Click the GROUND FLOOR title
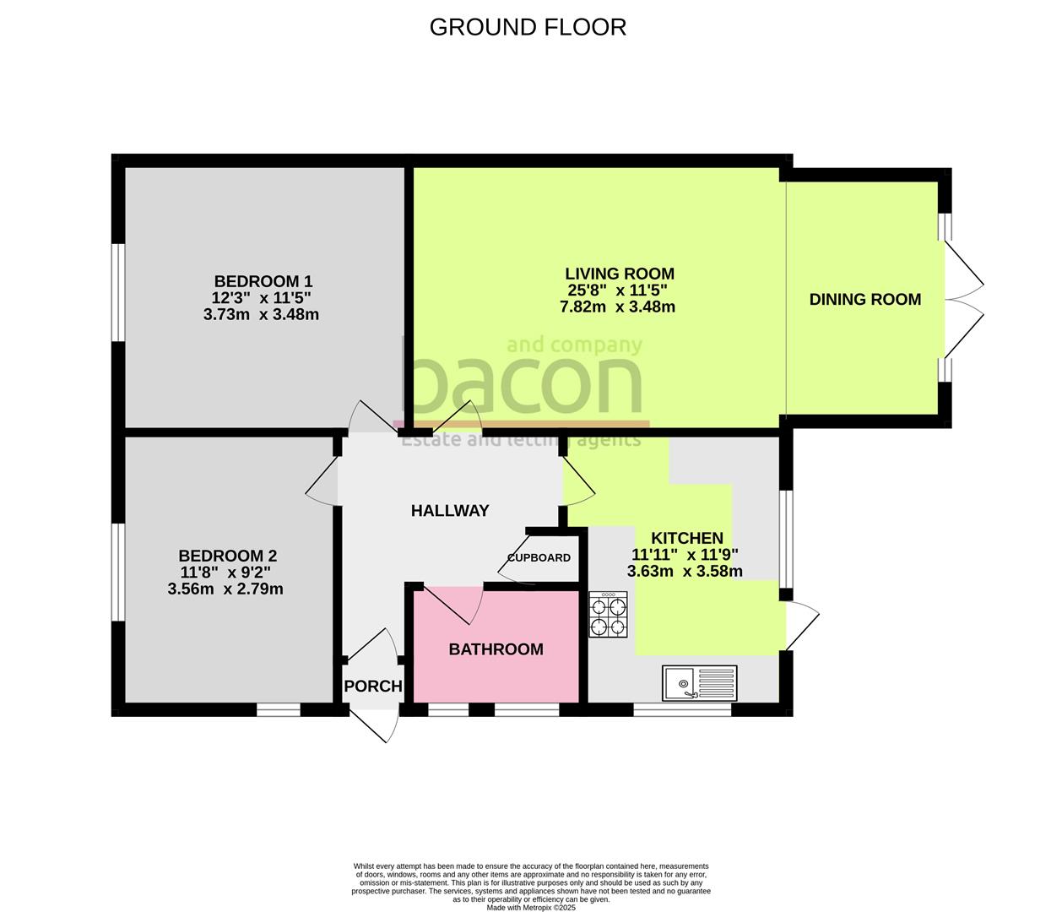[x=528, y=27]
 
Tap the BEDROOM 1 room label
[x=263, y=281]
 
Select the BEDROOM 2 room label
[x=227, y=556]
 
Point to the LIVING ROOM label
[x=619, y=274]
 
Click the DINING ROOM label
[x=864, y=299]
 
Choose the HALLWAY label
[x=449, y=510]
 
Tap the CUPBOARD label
[x=539, y=557]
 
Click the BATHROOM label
[x=496, y=649]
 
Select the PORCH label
[x=373, y=686]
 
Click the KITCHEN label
[x=686, y=538]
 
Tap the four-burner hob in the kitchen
[x=609, y=615]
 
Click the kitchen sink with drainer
[x=700, y=682]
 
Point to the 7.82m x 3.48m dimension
[x=617, y=307]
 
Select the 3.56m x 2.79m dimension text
[x=225, y=589]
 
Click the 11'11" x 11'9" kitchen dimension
[x=685, y=555]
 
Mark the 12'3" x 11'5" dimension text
[x=262, y=297]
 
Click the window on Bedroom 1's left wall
[x=120, y=292]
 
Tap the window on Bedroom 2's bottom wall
[x=279, y=710]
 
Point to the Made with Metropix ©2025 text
[x=531, y=908]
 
